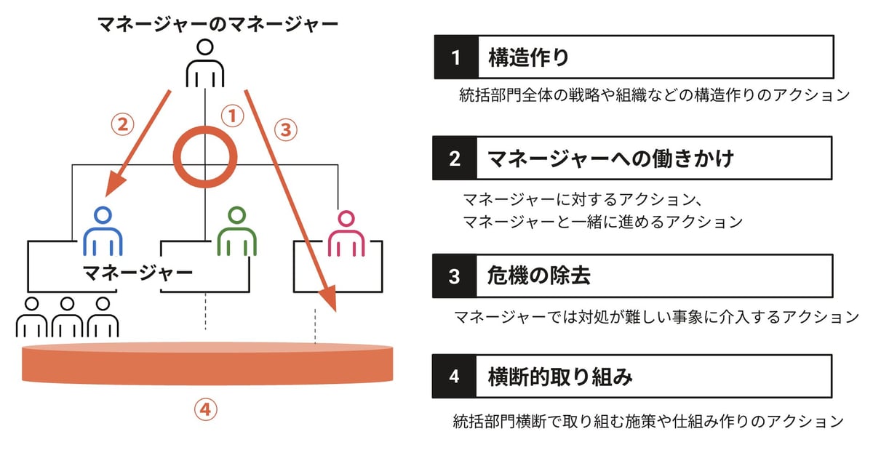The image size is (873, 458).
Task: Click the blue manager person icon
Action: (x=103, y=231)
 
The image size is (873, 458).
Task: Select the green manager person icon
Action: (x=236, y=231)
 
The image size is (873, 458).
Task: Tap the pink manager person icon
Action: (x=346, y=233)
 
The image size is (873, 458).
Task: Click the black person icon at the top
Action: (x=205, y=63)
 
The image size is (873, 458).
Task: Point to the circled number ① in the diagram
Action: (x=233, y=116)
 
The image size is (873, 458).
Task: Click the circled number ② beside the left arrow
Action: (x=122, y=124)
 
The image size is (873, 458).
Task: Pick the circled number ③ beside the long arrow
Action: (x=286, y=129)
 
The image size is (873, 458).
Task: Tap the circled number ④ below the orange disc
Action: (x=205, y=409)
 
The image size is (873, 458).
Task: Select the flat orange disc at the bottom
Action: (x=207, y=363)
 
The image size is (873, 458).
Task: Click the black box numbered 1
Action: (x=456, y=57)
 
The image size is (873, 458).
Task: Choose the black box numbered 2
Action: (x=455, y=158)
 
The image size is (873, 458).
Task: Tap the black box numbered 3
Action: (x=454, y=276)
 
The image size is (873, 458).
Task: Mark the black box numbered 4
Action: (x=454, y=377)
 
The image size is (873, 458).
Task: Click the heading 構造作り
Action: (x=528, y=57)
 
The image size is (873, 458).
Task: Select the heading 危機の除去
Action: (x=538, y=276)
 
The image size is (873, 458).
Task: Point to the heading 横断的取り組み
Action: (x=560, y=377)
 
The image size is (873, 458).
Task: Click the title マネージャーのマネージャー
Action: (x=218, y=24)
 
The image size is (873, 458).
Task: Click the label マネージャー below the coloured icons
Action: (x=138, y=273)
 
